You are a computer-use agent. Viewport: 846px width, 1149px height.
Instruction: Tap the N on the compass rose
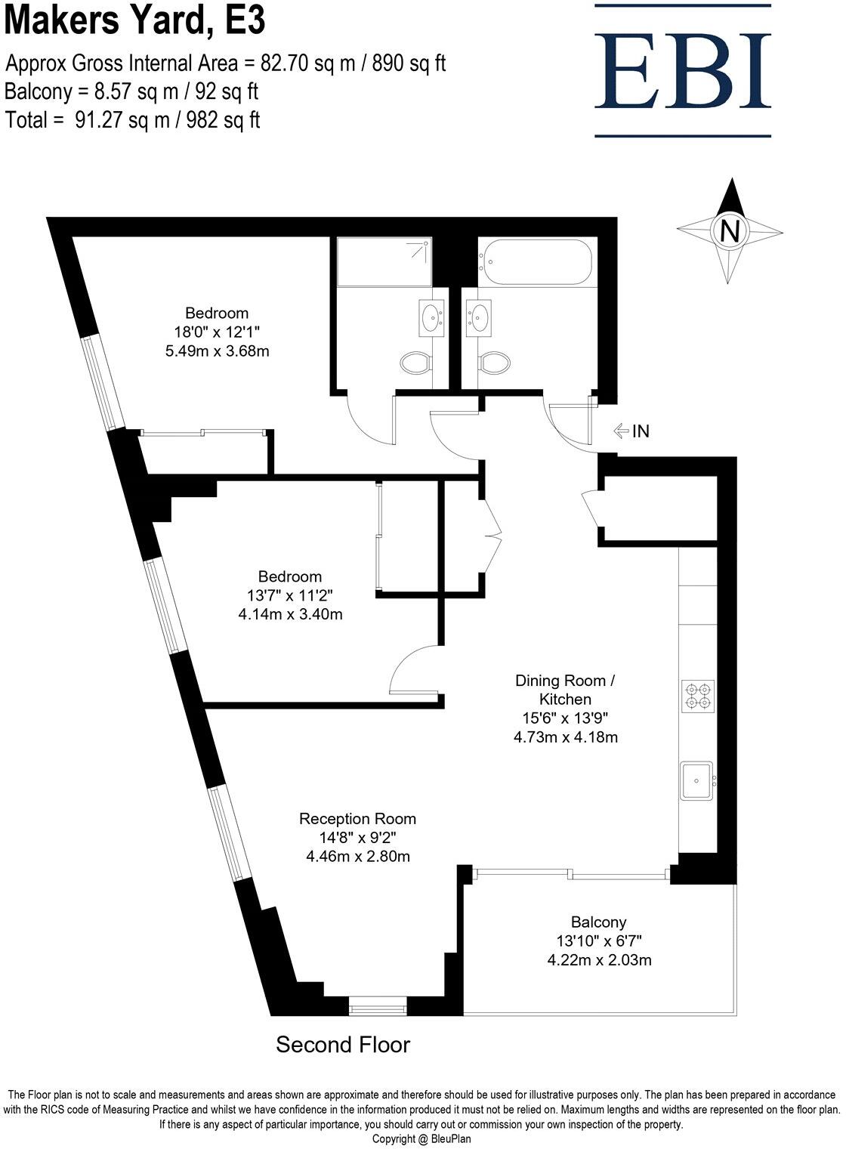tap(729, 230)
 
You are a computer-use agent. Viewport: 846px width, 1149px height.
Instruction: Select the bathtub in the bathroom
tap(537, 262)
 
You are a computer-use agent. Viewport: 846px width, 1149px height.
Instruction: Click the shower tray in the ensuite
tap(384, 262)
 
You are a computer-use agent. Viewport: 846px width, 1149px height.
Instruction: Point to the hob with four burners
tap(698, 696)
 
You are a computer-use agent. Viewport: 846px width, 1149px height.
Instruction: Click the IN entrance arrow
tap(631, 431)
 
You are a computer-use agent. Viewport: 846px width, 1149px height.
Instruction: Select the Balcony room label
tap(598, 922)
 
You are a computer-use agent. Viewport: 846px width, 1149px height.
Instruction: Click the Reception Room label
tap(357, 818)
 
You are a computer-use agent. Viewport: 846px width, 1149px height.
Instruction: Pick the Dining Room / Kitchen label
tap(565, 689)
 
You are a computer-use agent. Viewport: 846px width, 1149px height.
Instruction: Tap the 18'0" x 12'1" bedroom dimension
tap(217, 332)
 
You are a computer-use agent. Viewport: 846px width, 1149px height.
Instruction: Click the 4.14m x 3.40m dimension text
tap(290, 614)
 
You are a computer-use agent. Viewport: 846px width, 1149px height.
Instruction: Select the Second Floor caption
tap(342, 1045)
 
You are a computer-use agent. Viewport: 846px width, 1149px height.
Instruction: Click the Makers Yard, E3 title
tap(136, 21)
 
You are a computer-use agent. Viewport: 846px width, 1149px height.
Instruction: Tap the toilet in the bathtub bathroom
tap(492, 363)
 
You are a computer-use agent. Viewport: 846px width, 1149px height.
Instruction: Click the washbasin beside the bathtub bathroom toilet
tap(478, 317)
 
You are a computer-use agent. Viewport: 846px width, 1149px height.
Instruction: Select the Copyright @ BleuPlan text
tap(421, 1138)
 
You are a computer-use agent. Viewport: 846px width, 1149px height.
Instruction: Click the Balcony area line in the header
tap(131, 91)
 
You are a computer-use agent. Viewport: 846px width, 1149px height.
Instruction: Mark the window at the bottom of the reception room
tap(378, 1006)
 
